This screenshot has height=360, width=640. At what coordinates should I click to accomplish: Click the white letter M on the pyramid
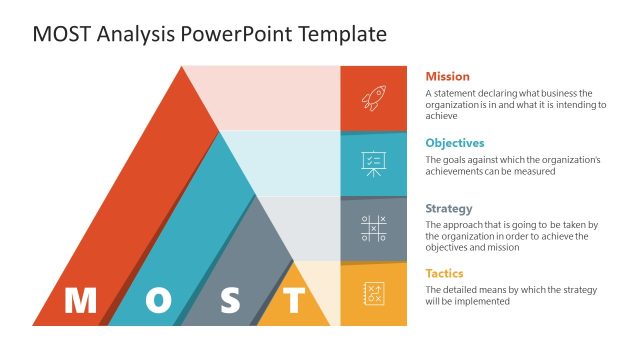click(x=80, y=300)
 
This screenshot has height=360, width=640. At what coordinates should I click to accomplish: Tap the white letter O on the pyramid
click(x=158, y=300)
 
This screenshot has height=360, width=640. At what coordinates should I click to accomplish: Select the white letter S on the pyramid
click(x=231, y=300)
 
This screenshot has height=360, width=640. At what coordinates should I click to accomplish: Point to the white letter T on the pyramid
click(x=294, y=300)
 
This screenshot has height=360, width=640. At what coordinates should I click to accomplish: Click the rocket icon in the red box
click(x=373, y=98)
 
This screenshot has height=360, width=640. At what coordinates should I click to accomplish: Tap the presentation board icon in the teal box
click(x=373, y=163)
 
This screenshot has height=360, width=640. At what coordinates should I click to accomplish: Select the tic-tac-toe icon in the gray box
click(x=373, y=229)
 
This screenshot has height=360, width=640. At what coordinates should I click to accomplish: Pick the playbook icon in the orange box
click(x=373, y=294)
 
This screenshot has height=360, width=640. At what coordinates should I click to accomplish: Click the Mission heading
click(x=447, y=76)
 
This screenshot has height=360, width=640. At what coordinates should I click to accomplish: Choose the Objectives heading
click(x=455, y=143)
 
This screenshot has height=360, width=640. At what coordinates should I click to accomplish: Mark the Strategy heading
click(x=449, y=209)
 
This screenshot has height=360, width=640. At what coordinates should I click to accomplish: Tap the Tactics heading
click(x=444, y=273)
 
